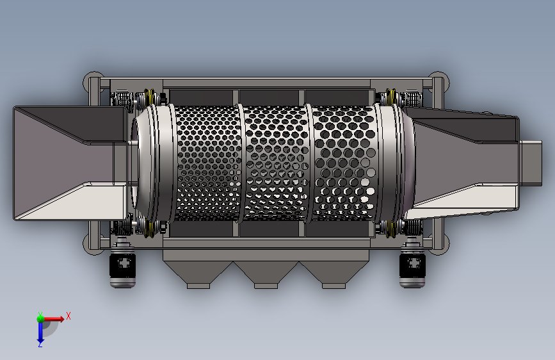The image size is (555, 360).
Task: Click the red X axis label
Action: click(x=68, y=316)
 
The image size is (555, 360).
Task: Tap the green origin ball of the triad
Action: click(x=40, y=318)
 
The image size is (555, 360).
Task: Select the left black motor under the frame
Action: click(x=122, y=263)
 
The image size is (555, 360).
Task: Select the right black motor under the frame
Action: click(x=412, y=263)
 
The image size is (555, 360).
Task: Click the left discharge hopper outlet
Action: click(x=198, y=286)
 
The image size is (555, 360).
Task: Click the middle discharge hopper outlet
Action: click(x=266, y=286)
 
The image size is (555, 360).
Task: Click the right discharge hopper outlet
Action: click(x=334, y=286)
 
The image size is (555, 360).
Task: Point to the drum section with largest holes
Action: click(x=344, y=163)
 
